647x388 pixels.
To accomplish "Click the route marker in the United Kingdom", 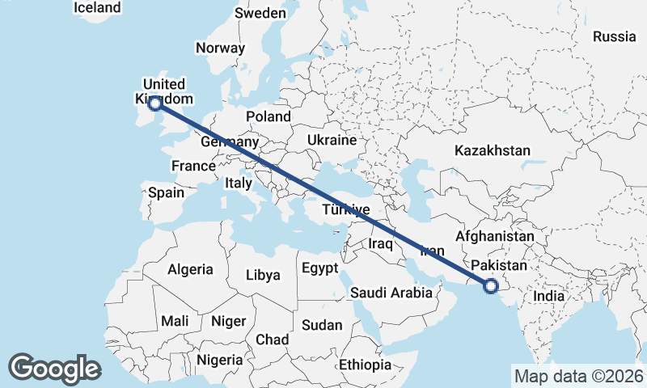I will click(x=154, y=103).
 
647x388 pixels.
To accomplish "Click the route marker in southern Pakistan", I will click(x=490, y=285).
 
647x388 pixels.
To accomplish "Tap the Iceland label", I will click(x=97, y=7).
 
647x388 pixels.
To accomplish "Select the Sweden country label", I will click(x=260, y=13).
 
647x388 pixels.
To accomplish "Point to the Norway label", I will click(x=220, y=48).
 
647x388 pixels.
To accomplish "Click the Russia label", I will click(x=615, y=36).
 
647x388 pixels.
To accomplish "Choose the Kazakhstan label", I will click(x=493, y=150).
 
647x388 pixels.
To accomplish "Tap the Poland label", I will click(x=269, y=116).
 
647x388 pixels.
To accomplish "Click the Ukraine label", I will click(x=332, y=140).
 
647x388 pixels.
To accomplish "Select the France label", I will click(x=193, y=167).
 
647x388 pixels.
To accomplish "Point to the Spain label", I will click(x=167, y=192).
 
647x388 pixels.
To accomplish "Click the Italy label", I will click(x=239, y=183).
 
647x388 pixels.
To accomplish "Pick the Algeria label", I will click(x=191, y=269).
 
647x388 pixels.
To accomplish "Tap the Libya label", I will click(x=264, y=275).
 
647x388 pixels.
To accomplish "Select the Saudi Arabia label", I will click(x=391, y=293).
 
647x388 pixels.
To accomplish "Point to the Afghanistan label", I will click(x=495, y=236).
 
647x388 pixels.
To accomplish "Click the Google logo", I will click(x=54, y=369).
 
